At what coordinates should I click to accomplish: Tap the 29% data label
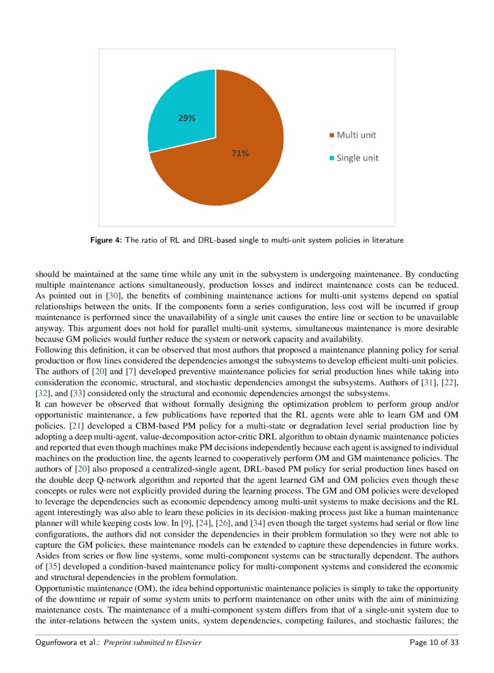[x=187, y=118]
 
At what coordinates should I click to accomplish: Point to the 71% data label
[x=239, y=153]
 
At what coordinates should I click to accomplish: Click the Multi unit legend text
[x=356, y=135]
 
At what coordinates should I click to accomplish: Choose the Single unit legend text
[x=357, y=157]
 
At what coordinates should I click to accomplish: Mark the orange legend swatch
[x=331, y=136]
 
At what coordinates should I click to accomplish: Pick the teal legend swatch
[x=331, y=158]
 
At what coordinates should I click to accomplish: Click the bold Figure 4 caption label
[x=105, y=240]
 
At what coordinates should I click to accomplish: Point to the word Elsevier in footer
[x=186, y=642]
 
